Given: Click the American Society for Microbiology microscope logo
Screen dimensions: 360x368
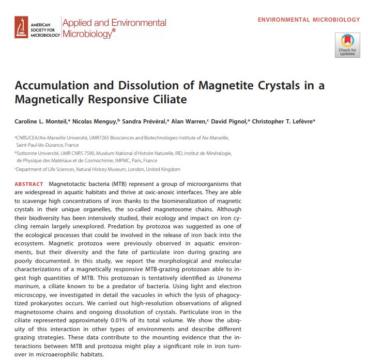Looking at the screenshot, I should pyautogui.click(x=22, y=27).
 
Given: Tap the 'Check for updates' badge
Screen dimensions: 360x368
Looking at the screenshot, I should pyautogui.click(x=347, y=45).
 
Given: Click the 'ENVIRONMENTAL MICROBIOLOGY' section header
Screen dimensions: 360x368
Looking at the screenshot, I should pyautogui.click(x=309, y=20).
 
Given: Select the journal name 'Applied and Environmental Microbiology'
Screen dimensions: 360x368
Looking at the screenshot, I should pyautogui.click(x=114, y=28).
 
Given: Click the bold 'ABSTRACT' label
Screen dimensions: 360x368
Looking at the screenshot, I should pyautogui.click(x=29, y=184).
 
